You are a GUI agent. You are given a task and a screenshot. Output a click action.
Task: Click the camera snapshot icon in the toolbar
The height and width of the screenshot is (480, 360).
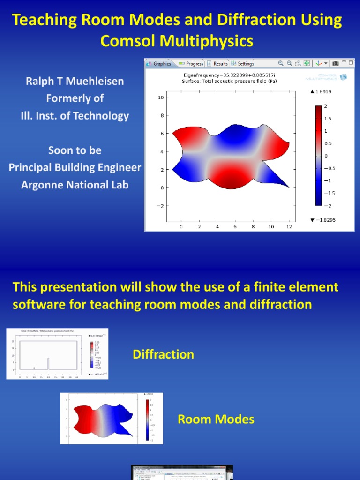click(x=336, y=63)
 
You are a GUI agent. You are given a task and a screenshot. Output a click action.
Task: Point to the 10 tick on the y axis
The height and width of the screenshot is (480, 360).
click(x=160, y=97)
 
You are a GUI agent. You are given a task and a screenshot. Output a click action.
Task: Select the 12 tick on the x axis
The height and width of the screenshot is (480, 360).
click(x=289, y=226)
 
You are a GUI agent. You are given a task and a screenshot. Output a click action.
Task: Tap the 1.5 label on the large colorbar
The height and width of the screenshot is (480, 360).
click(x=328, y=119)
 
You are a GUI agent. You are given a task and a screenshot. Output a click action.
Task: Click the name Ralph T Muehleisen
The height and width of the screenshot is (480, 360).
click(x=75, y=82)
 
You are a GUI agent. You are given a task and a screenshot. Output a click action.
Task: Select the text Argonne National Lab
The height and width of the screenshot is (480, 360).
click(x=75, y=185)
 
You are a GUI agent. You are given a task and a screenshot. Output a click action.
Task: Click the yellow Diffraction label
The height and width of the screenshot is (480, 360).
click(x=163, y=354)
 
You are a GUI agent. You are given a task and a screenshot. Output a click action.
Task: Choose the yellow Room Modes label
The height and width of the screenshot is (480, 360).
click(x=216, y=419)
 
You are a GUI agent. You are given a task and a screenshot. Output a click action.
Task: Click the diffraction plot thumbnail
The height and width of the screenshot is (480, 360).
click(x=57, y=353)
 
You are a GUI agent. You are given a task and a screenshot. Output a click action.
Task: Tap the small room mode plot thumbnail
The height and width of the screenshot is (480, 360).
click(x=111, y=418)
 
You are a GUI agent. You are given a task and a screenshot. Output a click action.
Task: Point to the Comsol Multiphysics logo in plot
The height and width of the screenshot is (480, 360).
click(x=326, y=77)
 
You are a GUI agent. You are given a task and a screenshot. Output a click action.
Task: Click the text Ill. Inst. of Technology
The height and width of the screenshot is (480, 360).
click(x=75, y=116)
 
